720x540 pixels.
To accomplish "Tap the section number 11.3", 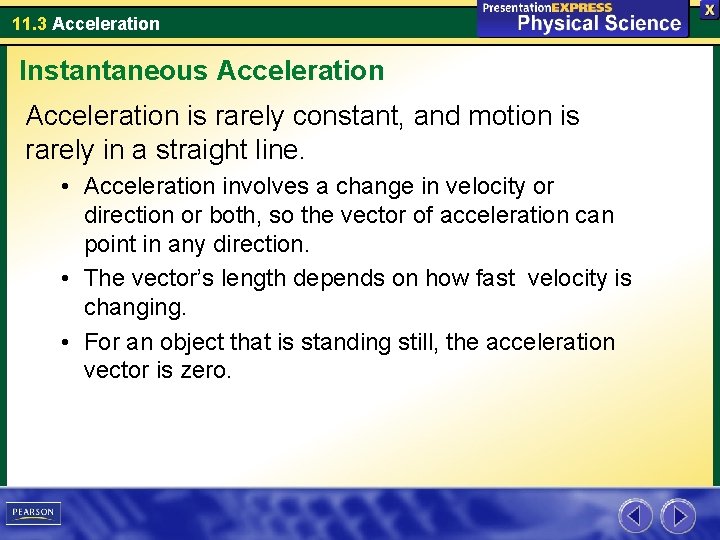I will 29,23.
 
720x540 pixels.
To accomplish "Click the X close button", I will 709,9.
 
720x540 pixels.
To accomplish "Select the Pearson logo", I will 33,513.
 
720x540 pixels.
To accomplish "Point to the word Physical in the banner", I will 553,24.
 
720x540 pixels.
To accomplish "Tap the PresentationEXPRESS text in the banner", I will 547,7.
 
